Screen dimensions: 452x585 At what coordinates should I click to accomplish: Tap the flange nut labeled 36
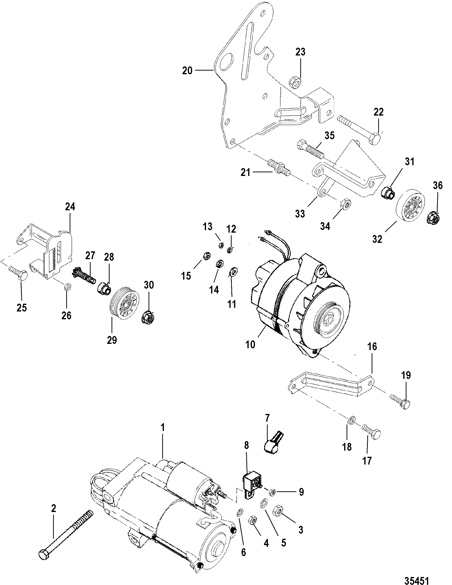tap(433, 218)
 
